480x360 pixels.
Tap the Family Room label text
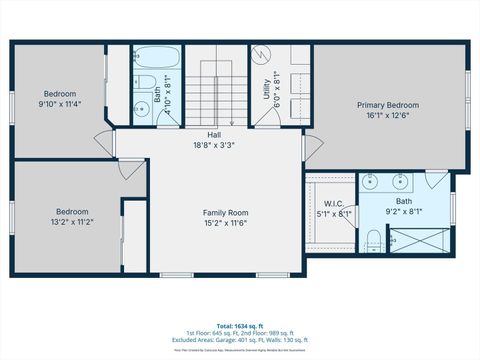[225, 213]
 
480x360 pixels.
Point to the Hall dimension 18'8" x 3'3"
[214, 145]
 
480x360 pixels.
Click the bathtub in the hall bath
[157, 56]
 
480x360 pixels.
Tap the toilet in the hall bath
[142, 82]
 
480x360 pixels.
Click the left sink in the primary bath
[371, 182]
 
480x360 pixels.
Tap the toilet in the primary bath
[372, 239]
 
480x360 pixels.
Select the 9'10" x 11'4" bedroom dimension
[60, 102]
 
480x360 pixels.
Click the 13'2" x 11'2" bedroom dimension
[72, 222]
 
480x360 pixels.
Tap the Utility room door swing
[265, 113]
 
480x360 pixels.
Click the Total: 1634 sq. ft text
[239, 325]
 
